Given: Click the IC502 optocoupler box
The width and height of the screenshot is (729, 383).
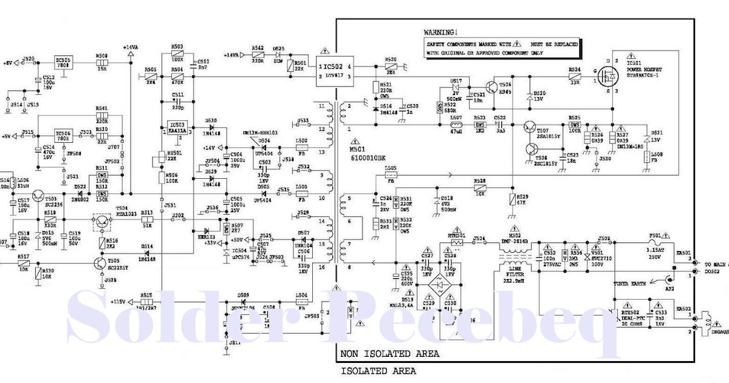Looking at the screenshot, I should pos(332,70).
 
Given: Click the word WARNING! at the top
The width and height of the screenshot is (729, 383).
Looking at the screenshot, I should pos(440,32).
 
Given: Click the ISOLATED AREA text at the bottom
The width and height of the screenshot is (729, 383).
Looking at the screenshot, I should pos(378,371).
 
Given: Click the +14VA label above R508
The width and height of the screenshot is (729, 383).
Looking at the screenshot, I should pos(130,47).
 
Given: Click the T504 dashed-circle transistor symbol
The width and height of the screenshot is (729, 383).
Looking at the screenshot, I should pos(101,221).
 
